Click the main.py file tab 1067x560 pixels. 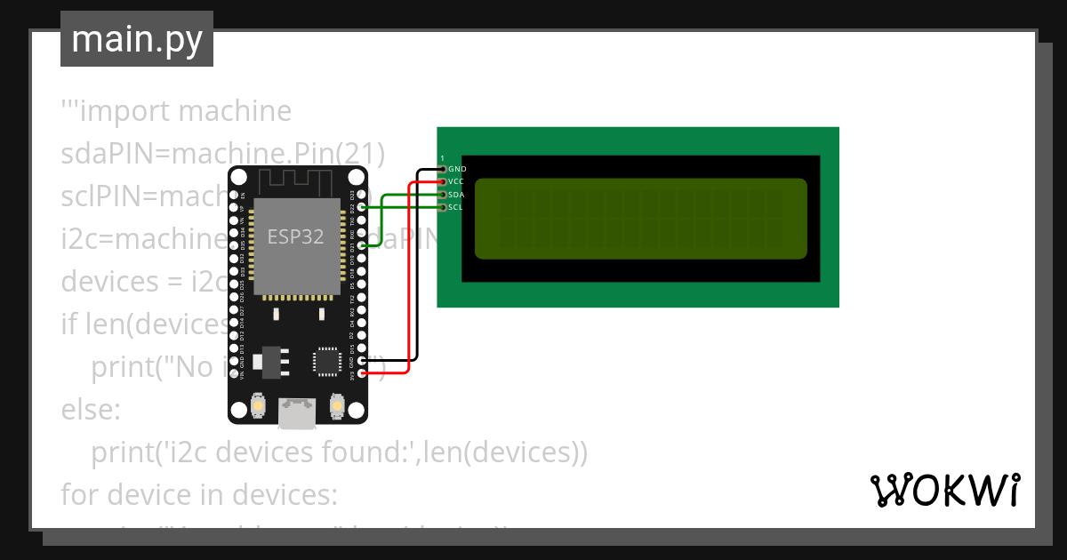point(137,39)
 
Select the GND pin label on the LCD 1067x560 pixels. point(457,168)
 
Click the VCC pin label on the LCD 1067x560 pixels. point(456,181)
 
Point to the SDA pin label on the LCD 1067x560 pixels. point(456,194)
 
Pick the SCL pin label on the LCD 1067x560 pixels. point(455,207)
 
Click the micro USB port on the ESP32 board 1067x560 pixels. point(297,411)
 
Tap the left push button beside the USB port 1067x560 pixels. point(258,406)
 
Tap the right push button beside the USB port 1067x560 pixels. point(337,406)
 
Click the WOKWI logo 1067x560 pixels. point(943,490)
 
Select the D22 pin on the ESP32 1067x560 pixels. point(361,207)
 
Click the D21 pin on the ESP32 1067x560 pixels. point(361,245)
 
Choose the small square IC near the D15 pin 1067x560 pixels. point(325,361)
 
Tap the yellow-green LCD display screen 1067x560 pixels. point(640,219)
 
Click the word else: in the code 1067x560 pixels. point(90,410)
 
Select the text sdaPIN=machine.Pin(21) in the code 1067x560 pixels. point(222,153)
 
